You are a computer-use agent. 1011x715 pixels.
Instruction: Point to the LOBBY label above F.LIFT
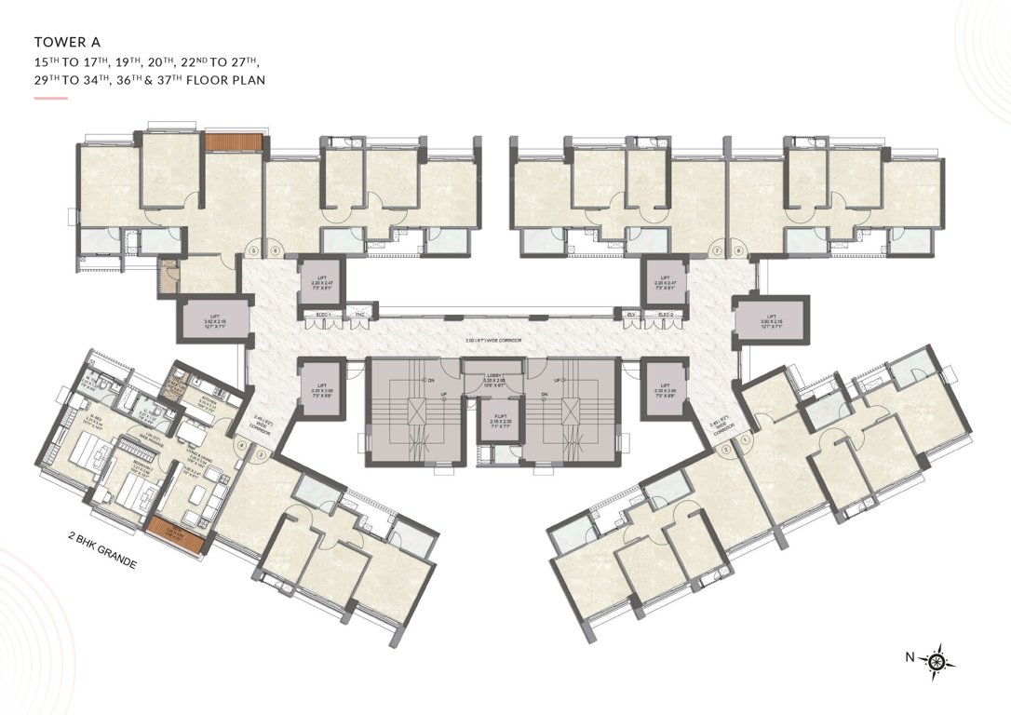494,378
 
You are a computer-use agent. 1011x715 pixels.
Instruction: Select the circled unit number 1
744,442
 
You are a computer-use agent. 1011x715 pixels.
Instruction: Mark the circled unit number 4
242,446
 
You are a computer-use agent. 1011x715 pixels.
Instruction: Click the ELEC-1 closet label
324,316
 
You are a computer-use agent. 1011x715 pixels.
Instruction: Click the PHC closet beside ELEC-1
357,316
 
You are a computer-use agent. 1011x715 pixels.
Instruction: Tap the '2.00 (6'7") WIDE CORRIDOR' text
493,342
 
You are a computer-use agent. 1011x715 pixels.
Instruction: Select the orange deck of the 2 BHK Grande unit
175,534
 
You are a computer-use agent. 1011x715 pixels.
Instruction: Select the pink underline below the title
50,97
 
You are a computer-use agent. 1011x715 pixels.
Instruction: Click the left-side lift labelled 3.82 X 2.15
214,320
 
